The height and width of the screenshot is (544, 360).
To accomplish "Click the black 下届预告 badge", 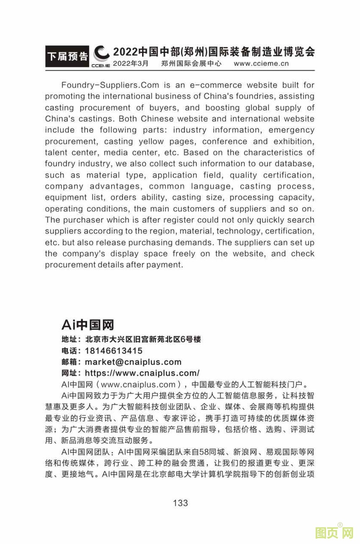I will [x=67, y=57].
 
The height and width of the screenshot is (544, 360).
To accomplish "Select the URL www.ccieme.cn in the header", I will [x=261, y=64].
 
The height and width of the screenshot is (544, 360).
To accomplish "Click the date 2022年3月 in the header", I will [x=131, y=64].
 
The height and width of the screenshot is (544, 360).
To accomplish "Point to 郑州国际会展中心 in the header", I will [x=191, y=64].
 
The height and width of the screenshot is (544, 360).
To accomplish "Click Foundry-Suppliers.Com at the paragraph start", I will [x=110, y=85].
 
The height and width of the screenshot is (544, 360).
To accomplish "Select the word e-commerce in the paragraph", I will [x=216, y=85].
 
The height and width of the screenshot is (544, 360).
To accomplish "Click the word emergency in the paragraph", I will [x=291, y=130].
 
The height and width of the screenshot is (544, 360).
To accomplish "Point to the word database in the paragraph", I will [x=294, y=164].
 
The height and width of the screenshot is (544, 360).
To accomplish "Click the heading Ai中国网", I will [x=88, y=325].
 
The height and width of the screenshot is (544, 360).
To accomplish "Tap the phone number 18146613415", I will [x=114, y=351].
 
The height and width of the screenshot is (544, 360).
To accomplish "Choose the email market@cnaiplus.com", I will [x=133, y=362].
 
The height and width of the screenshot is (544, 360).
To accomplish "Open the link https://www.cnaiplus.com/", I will [x=142, y=373].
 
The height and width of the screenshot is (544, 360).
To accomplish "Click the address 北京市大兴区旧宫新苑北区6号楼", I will [x=143, y=339].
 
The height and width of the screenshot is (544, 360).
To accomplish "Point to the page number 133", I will [x=180, y=503].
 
